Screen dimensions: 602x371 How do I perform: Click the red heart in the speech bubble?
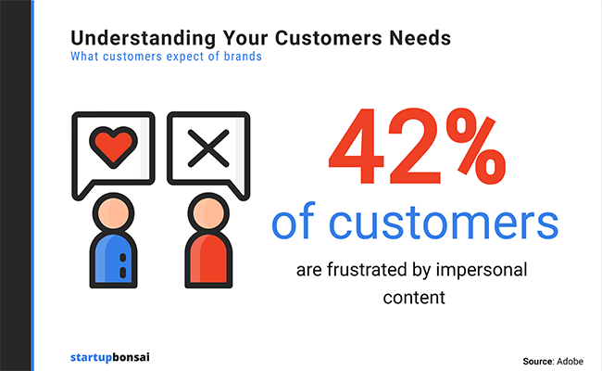tap(113, 147)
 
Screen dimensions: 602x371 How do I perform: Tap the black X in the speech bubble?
tap(208, 148)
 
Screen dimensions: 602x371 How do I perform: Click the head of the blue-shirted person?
tap(114, 213)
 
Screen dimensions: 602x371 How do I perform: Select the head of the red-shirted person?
tap(208, 213)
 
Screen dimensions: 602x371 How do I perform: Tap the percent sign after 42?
tap(475, 147)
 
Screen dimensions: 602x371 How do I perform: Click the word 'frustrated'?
tap(368, 270)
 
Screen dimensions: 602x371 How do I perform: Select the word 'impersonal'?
tap(482, 270)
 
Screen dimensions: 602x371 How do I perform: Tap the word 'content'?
tap(414, 298)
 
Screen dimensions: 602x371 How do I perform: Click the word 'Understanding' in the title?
tap(144, 39)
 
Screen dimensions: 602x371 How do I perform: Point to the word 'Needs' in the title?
tap(420, 38)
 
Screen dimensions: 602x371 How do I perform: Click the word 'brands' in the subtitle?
tap(243, 57)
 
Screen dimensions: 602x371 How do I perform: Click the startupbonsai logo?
tap(110, 357)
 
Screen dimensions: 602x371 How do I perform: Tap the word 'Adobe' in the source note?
tap(570, 362)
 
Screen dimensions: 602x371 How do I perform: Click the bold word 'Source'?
tap(538, 362)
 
